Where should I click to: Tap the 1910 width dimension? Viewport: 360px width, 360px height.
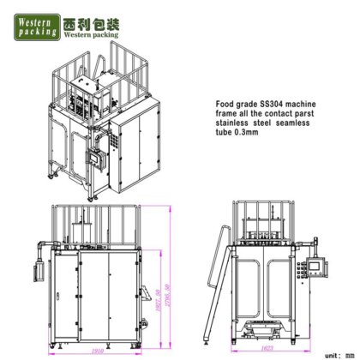[x=96, y=350]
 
